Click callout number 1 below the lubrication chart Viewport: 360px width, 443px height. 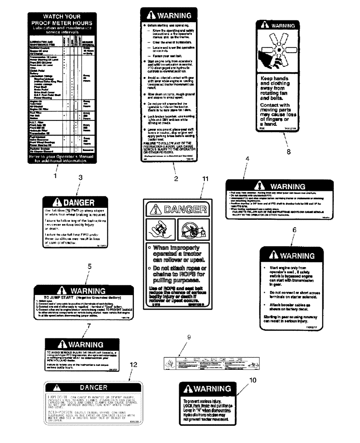coord(55,175)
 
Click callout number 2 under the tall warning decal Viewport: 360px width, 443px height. coord(176,178)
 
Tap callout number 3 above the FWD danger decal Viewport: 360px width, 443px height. coord(80,177)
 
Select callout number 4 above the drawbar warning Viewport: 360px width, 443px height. coord(247,158)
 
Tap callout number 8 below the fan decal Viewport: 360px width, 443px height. coord(289,151)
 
